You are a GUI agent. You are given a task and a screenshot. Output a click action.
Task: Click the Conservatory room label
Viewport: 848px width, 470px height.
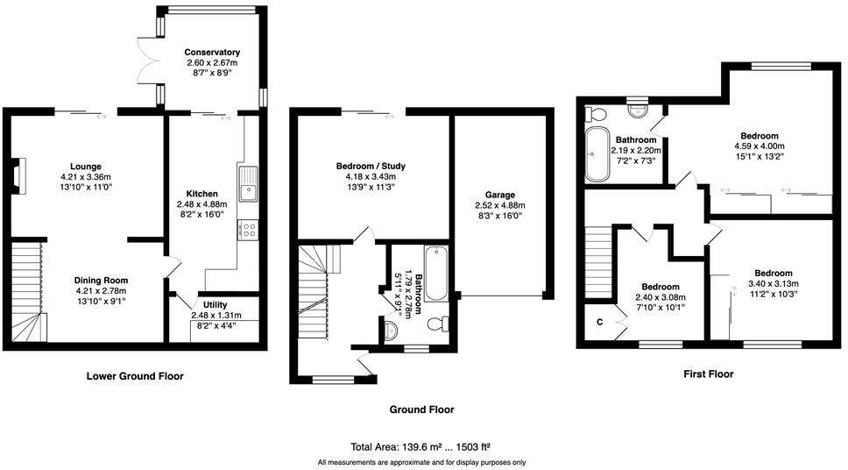point(213,53)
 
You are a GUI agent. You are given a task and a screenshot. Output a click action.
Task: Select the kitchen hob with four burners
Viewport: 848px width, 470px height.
point(248,231)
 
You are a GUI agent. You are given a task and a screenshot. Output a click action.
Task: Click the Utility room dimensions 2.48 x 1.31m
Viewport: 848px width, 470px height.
point(215,316)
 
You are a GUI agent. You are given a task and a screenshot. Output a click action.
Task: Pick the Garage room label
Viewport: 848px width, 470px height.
point(500,195)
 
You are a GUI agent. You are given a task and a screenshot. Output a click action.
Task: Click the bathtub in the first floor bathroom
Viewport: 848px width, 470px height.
point(597,154)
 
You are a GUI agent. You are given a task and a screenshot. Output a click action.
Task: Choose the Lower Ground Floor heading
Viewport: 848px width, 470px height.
point(135,376)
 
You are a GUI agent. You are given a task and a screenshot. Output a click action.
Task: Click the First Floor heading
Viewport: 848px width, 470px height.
point(708,374)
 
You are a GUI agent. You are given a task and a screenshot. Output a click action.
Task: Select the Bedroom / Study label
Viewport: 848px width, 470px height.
point(371,166)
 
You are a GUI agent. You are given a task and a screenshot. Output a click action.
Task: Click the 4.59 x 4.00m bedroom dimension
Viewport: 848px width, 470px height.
point(759,146)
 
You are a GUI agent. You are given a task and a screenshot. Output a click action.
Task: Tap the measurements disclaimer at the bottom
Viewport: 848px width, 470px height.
point(421,461)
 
